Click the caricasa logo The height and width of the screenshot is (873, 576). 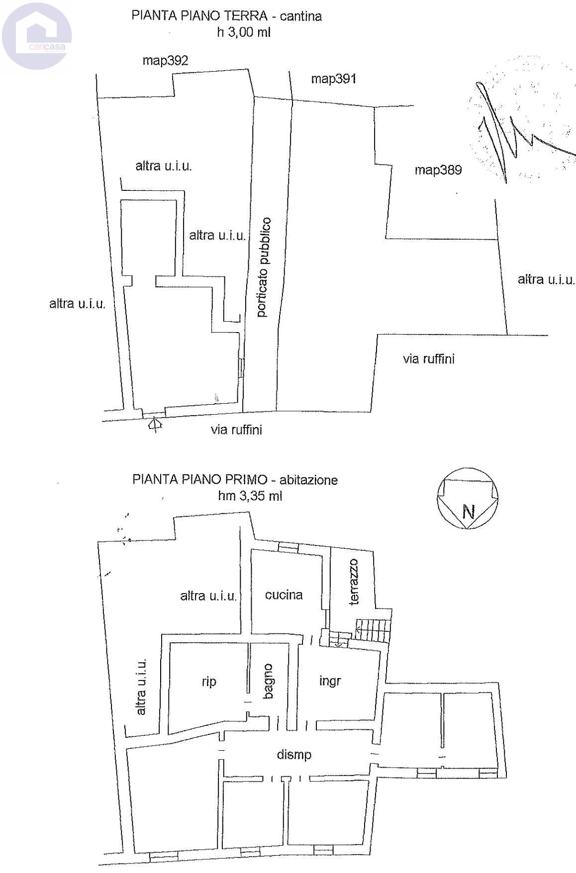[x=37, y=35]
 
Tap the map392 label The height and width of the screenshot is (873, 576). [x=165, y=61]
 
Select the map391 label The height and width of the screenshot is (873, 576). [x=333, y=79]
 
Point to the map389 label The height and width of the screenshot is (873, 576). [x=438, y=170]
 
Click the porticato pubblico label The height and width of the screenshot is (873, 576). [x=264, y=267]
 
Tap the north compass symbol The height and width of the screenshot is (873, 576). [x=467, y=498]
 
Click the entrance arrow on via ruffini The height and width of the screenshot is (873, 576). [x=155, y=424]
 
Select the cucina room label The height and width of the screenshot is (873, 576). [x=284, y=595]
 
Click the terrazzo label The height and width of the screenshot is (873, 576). [x=354, y=582]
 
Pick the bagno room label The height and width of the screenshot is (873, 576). [x=268, y=681]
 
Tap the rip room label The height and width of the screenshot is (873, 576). [x=209, y=682]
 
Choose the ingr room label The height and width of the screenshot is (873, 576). [x=330, y=681]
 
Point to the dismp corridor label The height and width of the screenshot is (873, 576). [x=294, y=755]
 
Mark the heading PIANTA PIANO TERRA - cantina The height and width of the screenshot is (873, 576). [x=226, y=16]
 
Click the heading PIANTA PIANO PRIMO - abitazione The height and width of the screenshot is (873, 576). [x=235, y=480]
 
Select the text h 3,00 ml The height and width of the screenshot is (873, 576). [x=244, y=33]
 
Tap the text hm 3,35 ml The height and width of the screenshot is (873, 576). [x=250, y=496]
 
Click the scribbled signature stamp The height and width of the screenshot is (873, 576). [x=522, y=119]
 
